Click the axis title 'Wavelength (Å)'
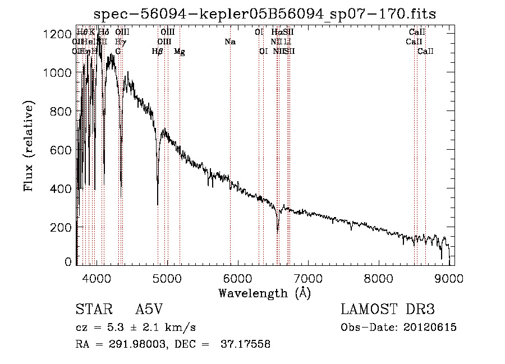click(264, 293)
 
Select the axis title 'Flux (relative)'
click(29, 146)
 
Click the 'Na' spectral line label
click(229, 42)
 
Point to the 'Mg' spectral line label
click(180, 52)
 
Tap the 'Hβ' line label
click(157, 52)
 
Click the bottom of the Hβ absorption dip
click(158, 204)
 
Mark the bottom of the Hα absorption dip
click(278, 230)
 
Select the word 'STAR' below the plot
click(91, 310)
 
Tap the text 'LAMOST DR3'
click(388, 310)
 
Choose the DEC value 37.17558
click(247, 344)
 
